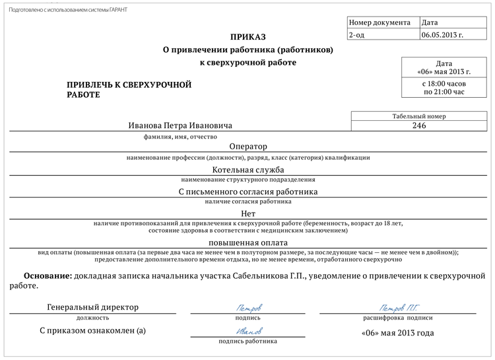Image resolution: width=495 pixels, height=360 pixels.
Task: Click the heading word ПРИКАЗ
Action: [x=248, y=36]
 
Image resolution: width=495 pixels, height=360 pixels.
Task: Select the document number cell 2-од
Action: [x=356, y=35]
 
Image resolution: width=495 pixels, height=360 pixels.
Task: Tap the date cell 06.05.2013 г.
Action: [x=442, y=35]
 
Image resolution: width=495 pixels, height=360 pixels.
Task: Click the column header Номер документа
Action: [x=379, y=22]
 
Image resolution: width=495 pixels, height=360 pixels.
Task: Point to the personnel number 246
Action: [x=418, y=126]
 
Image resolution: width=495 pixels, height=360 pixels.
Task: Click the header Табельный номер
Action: [x=418, y=116]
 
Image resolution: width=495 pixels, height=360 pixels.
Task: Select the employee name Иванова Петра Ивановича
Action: [x=180, y=126]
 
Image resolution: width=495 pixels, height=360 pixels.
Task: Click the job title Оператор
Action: [x=247, y=147]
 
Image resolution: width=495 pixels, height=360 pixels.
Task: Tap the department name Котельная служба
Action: [x=247, y=169]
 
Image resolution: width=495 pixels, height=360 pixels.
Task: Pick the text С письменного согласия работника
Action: [x=248, y=192]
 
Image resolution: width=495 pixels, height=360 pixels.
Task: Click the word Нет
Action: [x=248, y=214]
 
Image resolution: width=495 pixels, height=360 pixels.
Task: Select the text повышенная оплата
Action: [x=248, y=242]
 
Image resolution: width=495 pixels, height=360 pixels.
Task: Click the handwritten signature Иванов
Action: [x=248, y=331]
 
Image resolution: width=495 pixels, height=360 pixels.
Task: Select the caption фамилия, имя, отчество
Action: [x=180, y=137]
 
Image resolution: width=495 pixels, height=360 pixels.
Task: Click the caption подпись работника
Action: [x=248, y=342]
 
